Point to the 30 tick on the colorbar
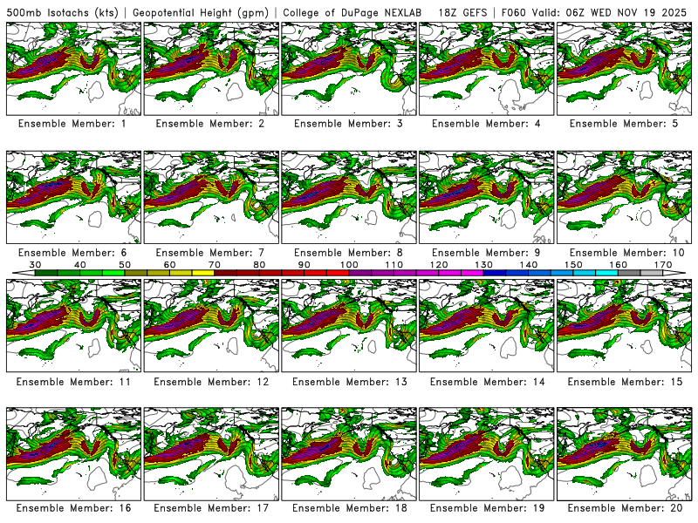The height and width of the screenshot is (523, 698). click(36, 264)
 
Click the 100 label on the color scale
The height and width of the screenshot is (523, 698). click(349, 264)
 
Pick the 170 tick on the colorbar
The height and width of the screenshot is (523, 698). click(663, 264)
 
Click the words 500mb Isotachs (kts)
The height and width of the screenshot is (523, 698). click(62, 12)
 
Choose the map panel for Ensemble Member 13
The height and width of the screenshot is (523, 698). click(349, 325)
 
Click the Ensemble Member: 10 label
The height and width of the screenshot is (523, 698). click(626, 253)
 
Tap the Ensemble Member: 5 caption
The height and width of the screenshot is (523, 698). click(626, 124)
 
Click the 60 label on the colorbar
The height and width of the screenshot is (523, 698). click(170, 264)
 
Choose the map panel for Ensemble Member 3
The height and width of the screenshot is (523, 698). click(349, 68)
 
